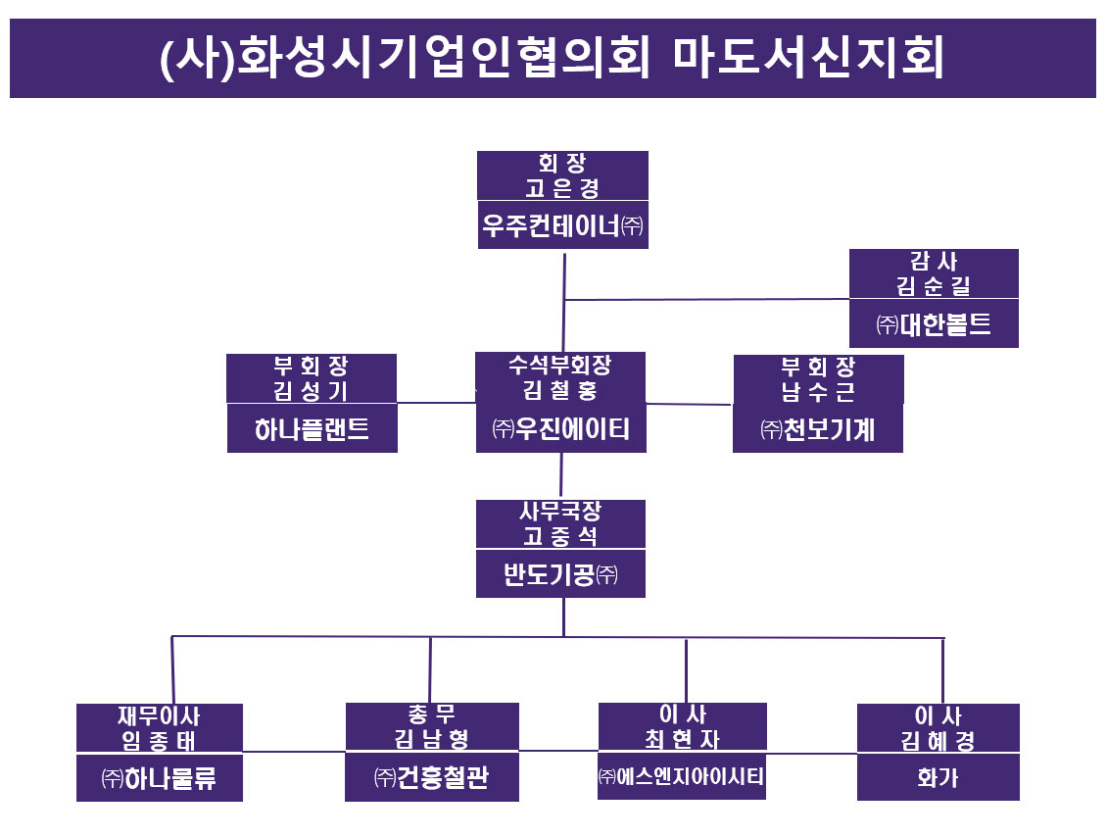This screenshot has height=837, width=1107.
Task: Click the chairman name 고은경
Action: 562,187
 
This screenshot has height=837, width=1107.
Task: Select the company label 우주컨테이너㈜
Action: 562,226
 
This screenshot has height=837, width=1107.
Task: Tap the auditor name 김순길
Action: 934,286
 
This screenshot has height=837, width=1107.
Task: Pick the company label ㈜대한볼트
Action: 934,324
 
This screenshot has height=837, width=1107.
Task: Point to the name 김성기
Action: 312,391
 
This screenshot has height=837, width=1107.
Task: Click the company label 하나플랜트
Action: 312,429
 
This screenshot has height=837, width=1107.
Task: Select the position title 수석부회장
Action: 560,366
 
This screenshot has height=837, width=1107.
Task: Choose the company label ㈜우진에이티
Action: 560,429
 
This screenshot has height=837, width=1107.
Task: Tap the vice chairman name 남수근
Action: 818,391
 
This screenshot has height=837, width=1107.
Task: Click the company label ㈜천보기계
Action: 818,429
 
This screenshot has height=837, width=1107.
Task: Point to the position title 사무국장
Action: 560,512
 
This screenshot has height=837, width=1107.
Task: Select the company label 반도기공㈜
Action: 560,574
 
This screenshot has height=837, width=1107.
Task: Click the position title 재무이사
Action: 159,716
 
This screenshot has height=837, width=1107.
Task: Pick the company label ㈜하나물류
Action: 159,779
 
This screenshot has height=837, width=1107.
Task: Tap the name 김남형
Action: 432,740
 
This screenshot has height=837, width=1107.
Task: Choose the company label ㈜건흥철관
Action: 432,779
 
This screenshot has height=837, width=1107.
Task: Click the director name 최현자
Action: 683,739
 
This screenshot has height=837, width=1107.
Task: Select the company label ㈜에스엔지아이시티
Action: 683,777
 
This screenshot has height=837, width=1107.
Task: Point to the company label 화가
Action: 938,779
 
